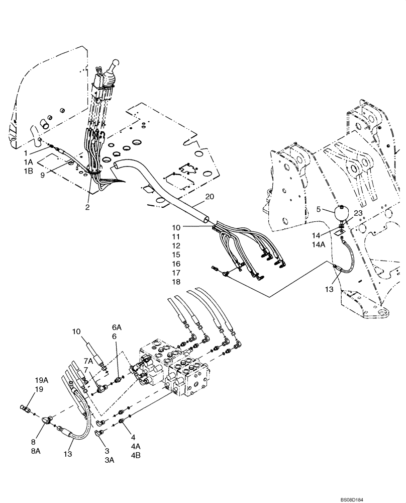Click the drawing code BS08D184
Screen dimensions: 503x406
click(383, 497)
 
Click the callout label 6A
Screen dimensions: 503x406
click(116, 327)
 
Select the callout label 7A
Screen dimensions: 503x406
click(88, 361)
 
